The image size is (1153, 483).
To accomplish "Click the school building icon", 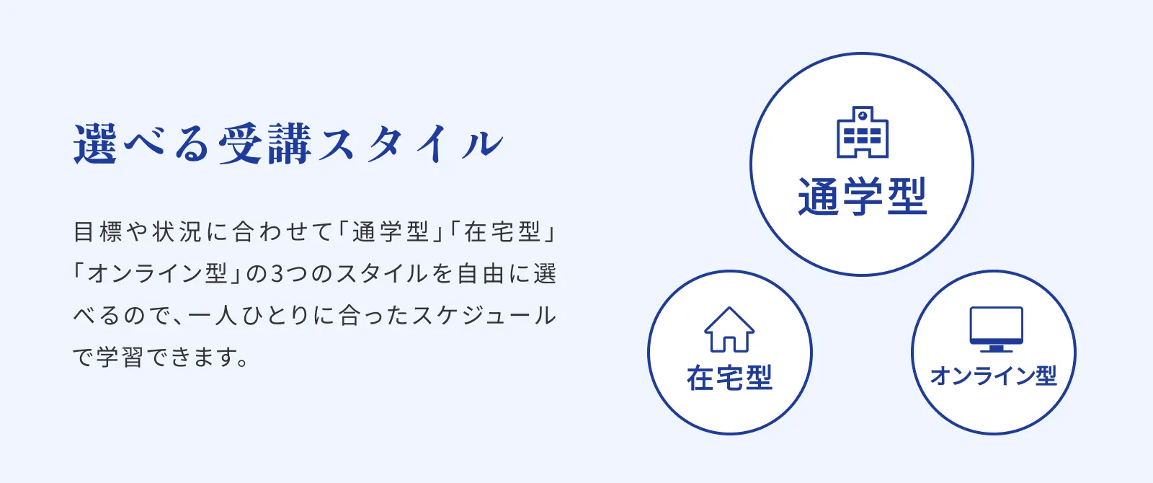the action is coord(863,132).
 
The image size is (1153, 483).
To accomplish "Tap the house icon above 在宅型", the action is coord(729,329).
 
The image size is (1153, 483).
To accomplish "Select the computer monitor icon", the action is coord(996,329).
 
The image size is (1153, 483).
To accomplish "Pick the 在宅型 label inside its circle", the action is coord(730,378).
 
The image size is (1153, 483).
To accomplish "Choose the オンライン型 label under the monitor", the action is coord(994,376).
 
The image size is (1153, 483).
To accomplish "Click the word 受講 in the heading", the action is coord(264,143).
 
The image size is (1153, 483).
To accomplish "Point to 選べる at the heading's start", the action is coord(141,143).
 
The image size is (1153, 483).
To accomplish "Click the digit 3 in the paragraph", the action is coord(277,273).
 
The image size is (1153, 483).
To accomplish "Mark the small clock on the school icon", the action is coord(863,115).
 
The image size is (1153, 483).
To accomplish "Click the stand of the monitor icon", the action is coord(997,348).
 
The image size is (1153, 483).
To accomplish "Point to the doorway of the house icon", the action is coord(729,344).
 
